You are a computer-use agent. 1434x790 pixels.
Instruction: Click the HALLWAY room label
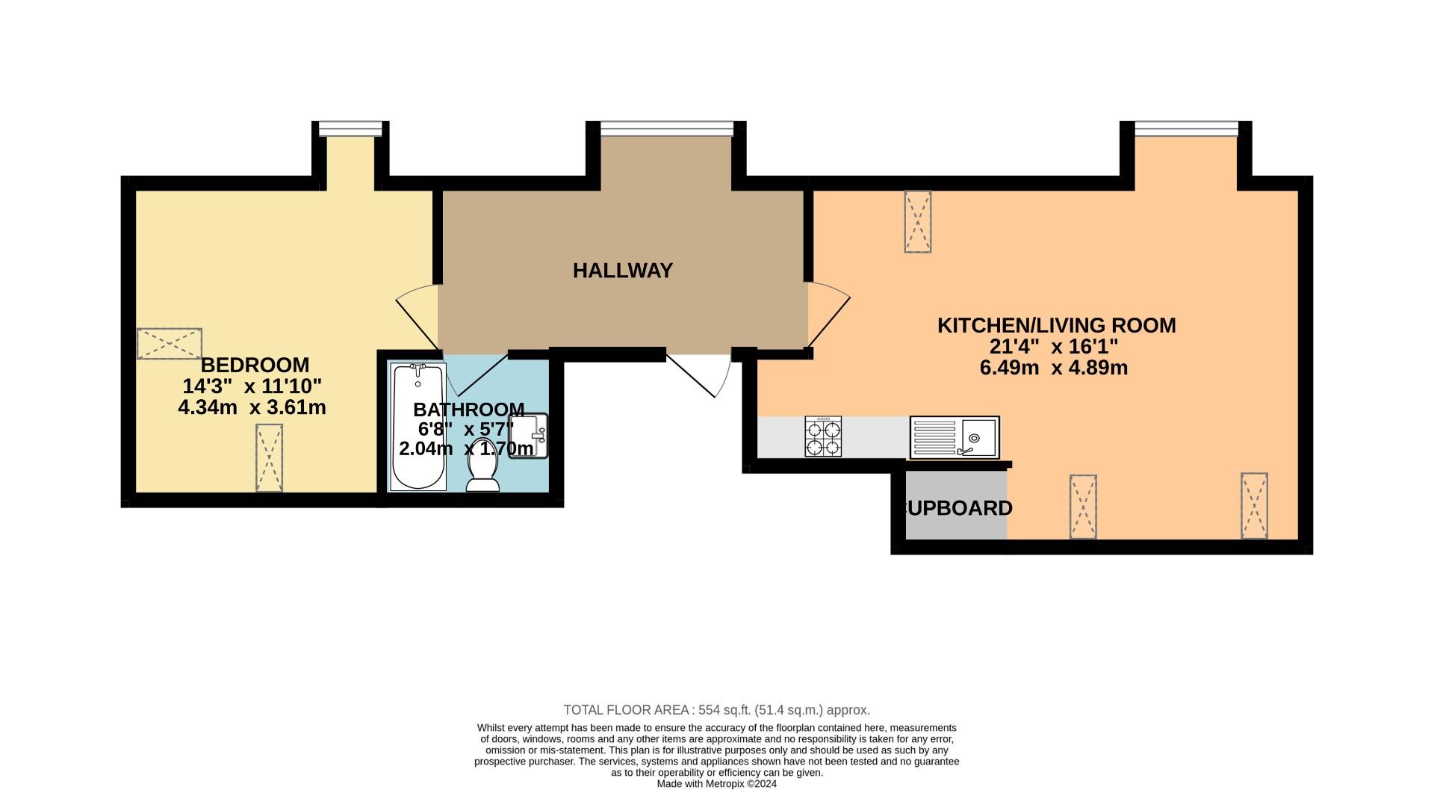point(623,271)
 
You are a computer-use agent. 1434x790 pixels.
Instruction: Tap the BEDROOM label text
point(255,365)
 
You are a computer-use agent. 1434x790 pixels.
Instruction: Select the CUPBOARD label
point(957,508)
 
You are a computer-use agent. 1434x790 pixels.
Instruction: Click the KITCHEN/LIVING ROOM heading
point(1056,326)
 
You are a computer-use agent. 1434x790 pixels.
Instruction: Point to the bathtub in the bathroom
point(419,427)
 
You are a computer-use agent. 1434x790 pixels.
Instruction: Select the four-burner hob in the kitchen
point(823,436)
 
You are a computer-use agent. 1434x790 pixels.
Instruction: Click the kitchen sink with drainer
point(954,437)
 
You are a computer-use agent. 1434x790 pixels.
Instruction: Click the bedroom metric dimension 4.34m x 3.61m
point(252,408)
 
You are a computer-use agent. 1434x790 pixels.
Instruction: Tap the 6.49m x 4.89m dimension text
point(1054,368)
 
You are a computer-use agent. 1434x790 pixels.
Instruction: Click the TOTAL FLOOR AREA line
point(717,710)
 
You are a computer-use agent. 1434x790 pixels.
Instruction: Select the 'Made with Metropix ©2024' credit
point(717,784)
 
